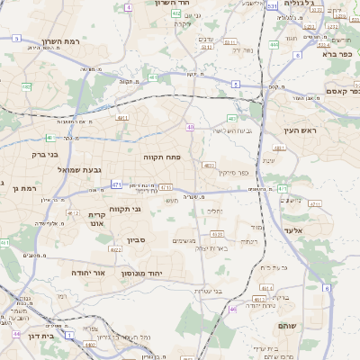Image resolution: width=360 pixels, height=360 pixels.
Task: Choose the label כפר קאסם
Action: (x=341, y=90)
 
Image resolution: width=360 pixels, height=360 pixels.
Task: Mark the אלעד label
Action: (x=309, y=229)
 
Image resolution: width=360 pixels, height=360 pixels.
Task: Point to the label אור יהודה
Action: (x=87, y=272)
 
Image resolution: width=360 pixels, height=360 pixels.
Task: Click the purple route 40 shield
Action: (x=191, y=127)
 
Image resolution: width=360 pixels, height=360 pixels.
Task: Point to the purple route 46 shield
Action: (x=232, y=309)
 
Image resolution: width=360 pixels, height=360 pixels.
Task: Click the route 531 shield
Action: (x=272, y=6)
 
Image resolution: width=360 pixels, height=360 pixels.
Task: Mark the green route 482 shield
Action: (x=27, y=86)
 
